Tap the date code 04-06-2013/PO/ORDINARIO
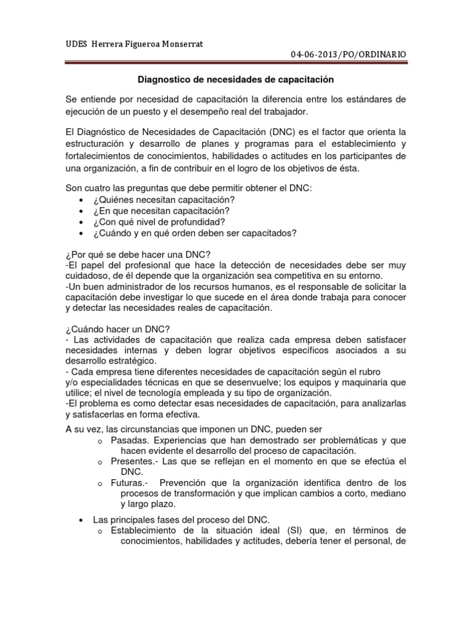tap(348, 55)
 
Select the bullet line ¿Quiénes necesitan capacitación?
tap(164, 200)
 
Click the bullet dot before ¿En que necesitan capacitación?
tap(82, 211)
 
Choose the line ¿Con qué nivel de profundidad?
tap(159, 222)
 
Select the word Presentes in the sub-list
tap(132, 461)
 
